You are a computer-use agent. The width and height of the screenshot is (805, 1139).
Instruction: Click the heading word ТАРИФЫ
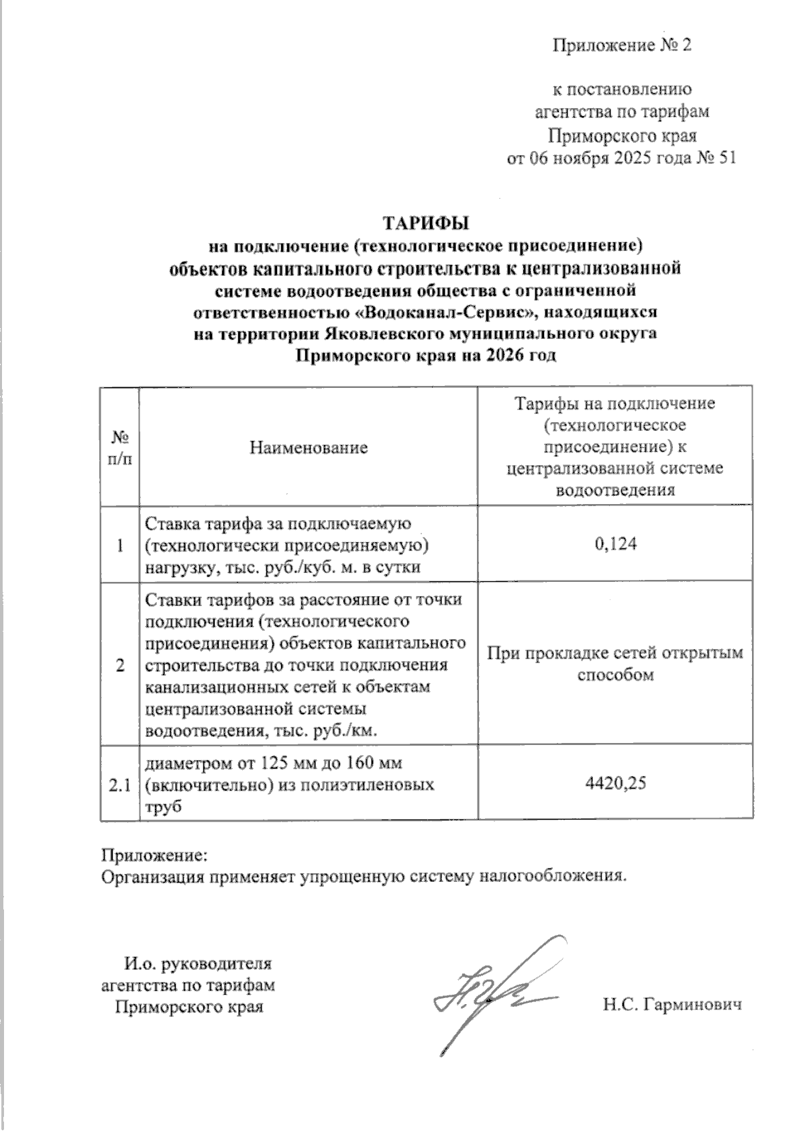(425, 222)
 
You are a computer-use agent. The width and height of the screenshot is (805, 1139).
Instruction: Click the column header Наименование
(309, 447)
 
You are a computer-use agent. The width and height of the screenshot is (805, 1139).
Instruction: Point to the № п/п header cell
(120, 447)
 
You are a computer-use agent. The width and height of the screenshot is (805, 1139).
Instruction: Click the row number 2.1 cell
(120, 784)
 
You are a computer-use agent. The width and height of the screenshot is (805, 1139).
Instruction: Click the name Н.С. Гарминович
(672, 1005)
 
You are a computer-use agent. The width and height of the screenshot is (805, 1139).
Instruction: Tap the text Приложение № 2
(621, 46)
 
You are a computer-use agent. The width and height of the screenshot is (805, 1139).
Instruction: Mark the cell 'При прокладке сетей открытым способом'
(615, 663)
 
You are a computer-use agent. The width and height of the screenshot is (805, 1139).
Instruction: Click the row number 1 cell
(120, 545)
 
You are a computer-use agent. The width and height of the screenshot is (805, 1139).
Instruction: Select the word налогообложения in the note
(554, 877)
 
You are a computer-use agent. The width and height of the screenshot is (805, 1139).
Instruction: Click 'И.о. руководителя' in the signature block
(198, 964)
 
